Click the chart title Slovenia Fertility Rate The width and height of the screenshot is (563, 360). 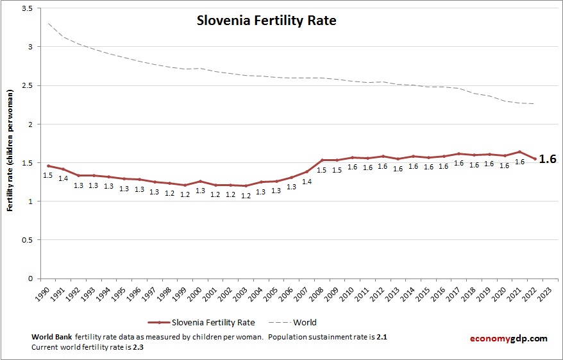[x=266, y=21]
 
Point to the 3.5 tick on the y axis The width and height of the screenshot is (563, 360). [x=27, y=8]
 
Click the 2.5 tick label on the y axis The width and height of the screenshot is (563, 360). [x=27, y=85]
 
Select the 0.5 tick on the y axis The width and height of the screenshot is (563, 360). [x=27, y=240]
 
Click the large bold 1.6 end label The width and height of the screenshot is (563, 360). [x=547, y=159]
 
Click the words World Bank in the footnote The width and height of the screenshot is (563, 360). [x=51, y=337]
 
